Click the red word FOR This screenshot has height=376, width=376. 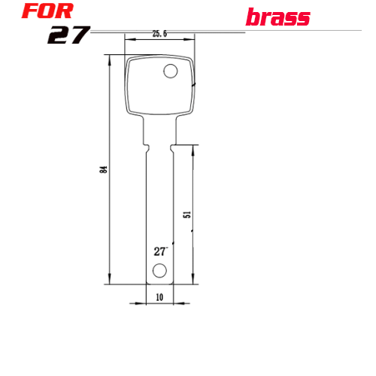(x=47, y=11)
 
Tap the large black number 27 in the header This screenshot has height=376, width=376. (x=68, y=35)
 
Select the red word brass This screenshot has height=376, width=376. (x=277, y=17)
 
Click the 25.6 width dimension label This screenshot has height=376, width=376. (x=159, y=34)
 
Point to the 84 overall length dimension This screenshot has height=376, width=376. (x=104, y=169)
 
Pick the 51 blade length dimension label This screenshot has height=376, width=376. (x=187, y=214)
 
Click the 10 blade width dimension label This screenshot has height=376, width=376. (x=159, y=297)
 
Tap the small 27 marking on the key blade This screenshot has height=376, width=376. (x=161, y=251)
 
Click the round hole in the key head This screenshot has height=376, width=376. (x=171, y=71)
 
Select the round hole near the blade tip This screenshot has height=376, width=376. (x=159, y=271)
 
